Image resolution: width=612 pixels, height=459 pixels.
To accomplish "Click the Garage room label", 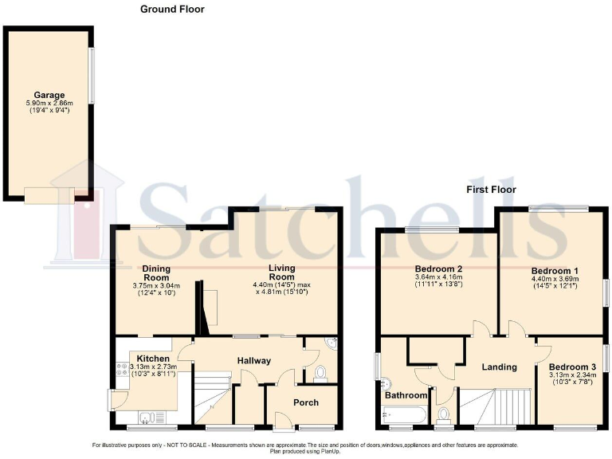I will [49, 95].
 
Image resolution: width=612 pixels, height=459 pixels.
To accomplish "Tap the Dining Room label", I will [156, 273].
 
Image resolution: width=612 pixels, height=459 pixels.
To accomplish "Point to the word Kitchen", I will [152, 359].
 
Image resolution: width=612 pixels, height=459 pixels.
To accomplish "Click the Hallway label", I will [253, 361].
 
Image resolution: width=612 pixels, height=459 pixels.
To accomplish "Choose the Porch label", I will [305, 402].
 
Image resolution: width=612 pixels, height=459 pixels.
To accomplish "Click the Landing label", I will [500, 367].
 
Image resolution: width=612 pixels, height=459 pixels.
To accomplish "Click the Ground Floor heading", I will [172, 10].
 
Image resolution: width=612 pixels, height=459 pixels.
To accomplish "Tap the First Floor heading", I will [491, 190].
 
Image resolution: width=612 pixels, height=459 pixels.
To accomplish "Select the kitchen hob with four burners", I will [124, 370].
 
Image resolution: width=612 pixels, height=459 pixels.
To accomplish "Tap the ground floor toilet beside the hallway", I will [320, 373].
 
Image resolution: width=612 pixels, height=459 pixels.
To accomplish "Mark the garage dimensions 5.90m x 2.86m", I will [49, 104].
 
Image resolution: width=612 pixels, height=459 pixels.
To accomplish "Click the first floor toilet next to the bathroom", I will [444, 414].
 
